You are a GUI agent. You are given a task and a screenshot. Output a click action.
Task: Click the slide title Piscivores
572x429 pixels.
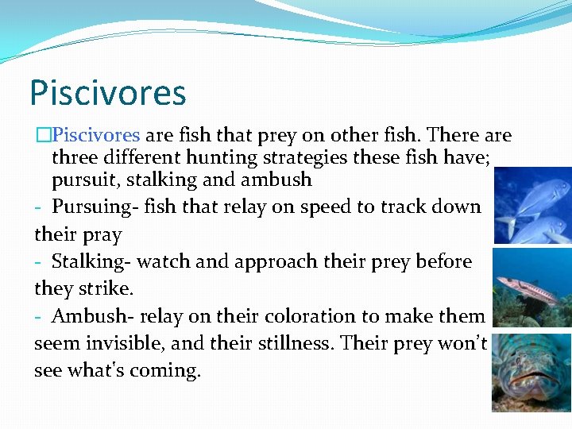click(107, 92)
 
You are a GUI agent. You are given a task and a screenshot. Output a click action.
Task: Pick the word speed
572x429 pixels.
click(315, 207)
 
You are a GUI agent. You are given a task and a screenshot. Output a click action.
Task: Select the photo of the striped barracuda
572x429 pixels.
click(532, 288)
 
